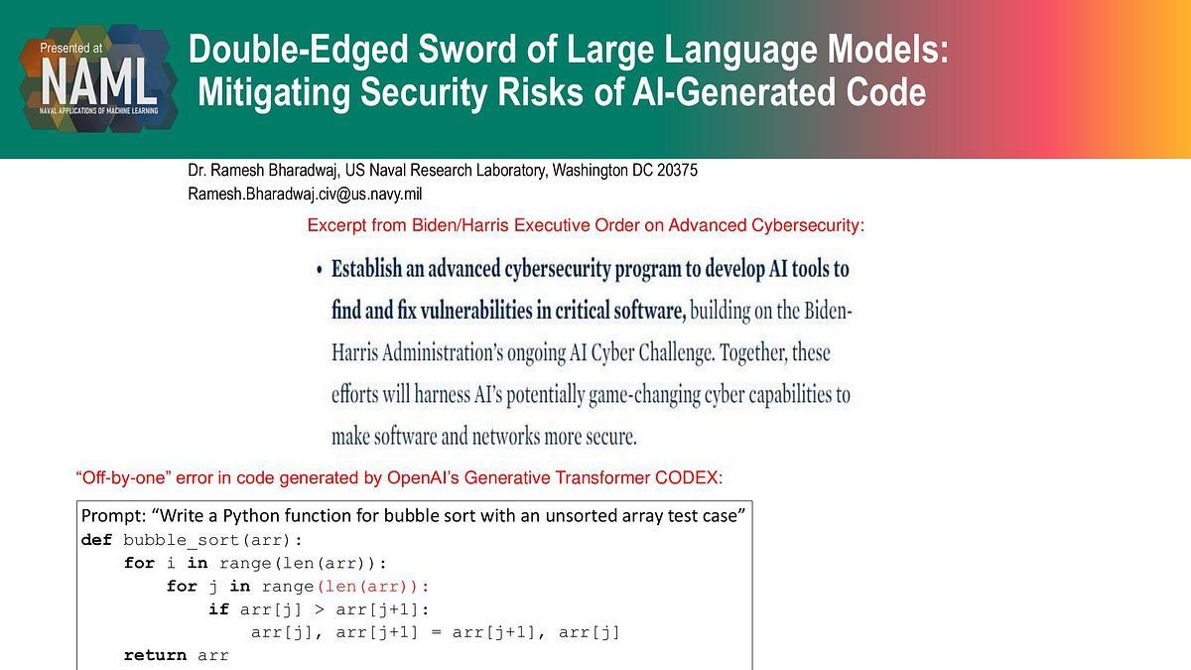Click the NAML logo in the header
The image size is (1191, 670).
[x=98, y=78]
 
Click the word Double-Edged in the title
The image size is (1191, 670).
[x=299, y=50]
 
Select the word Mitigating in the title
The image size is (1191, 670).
[x=274, y=93]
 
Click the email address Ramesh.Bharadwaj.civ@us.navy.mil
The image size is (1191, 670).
[x=305, y=195]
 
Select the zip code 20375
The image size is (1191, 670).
[x=677, y=170]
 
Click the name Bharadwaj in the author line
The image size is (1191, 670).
[x=303, y=171]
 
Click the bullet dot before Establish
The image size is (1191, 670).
[x=319, y=270]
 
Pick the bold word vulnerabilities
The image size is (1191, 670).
[x=475, y=311]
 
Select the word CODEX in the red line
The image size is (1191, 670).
[x=689, y=477]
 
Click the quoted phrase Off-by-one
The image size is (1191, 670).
[x=123, y=477]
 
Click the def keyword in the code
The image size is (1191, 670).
[x=96, y=540]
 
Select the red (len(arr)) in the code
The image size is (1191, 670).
[x=372, y=586]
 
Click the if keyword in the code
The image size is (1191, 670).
[x=218, y=608]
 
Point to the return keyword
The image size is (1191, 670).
[x=155, y=655]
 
